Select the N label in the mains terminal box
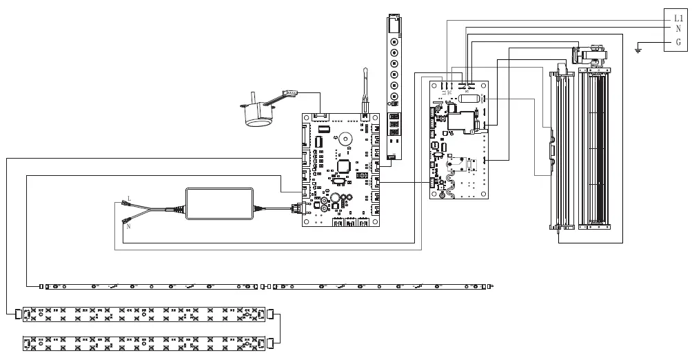[678, 30]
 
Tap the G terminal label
[678, 43]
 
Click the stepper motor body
[256, 114]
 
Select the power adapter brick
[219, 203]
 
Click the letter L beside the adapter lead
[129, 199]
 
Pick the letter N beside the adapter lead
[129, 226]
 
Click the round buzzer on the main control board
[345, 138]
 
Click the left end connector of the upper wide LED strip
[19, 314]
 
